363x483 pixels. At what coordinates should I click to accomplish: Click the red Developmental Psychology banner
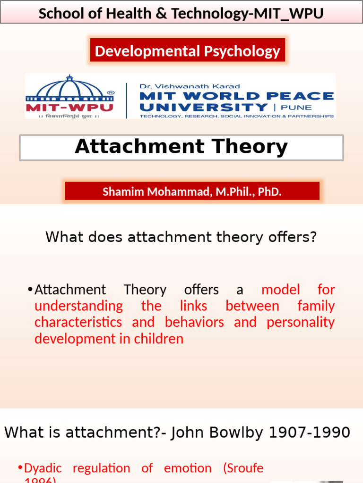[188, 51]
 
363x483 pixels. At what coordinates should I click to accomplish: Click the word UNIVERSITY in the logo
[203, 107]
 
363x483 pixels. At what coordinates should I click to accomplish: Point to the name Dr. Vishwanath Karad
[190, 86]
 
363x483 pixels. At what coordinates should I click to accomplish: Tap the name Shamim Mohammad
[154, 192]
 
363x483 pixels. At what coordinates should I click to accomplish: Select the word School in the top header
[57, 14]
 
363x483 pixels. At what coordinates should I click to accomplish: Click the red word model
[280, 289]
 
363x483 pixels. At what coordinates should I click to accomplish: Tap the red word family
[316, 306]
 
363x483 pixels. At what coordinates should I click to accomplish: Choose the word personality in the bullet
[301, 322]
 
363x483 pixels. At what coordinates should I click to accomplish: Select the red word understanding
[78, 306]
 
